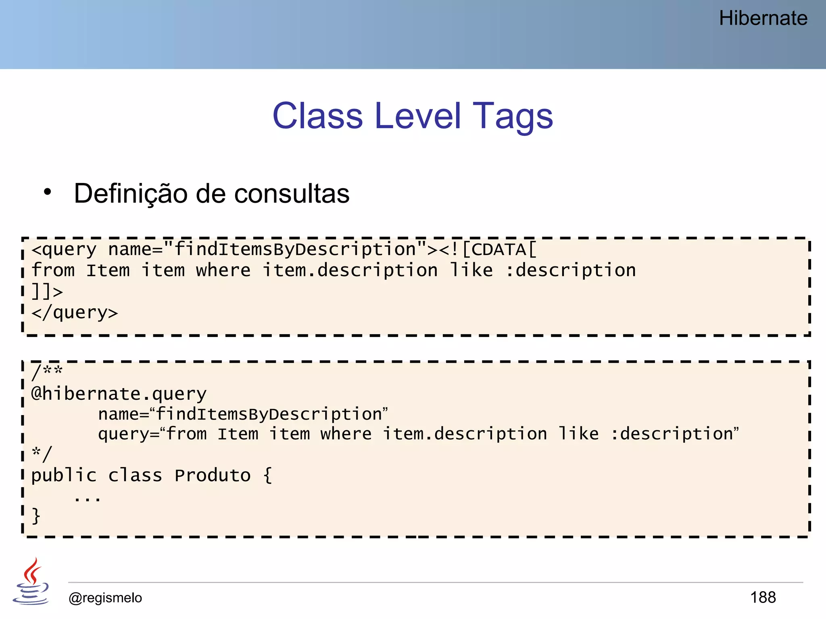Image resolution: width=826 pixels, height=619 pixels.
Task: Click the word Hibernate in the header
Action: coord(763,19)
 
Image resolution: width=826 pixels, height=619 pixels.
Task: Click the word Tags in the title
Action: coord(513,116)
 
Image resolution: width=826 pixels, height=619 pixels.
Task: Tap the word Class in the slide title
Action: coord(318,116)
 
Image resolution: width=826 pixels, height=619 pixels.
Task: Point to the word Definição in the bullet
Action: coord(130,194)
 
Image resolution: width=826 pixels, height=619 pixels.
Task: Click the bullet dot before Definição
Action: coord(48,192)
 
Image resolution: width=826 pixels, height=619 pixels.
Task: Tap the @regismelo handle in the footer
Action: coord(105,598)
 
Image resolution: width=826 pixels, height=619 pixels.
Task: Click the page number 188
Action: coord(763,597)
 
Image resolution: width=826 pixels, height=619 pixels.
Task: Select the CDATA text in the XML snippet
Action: coord(499,249)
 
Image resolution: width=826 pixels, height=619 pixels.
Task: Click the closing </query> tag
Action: coord(75,313)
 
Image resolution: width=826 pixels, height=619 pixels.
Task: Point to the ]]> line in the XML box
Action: coord(47,291)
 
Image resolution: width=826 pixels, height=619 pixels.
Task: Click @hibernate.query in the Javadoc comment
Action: coord(119,393)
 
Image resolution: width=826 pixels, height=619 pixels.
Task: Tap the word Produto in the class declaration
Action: coord(213,476)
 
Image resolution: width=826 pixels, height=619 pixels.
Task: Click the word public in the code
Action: coord(64,476)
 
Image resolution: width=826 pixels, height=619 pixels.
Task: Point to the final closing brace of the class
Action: coord(36,516)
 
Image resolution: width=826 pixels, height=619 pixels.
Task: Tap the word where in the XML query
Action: coord(223,270)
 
